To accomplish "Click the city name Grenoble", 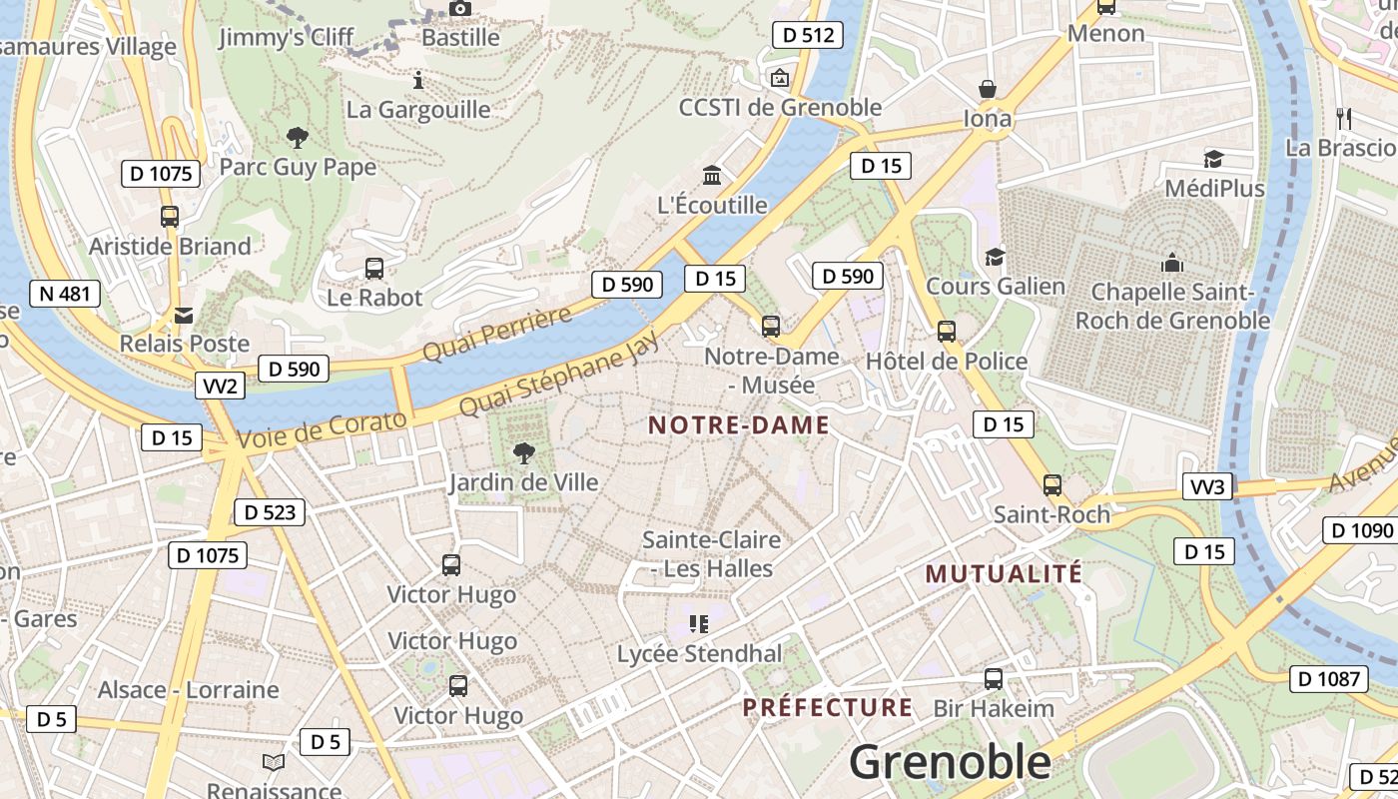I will pyautogui.click(x=950, y=763).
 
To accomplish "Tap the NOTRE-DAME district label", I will pyautogui.click(x=739, y=425).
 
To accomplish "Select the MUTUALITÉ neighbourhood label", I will pyautogui.click(x=1004, y=573).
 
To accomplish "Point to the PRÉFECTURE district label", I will pyautogui.click(x=827, y=708).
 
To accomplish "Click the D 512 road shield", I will pyautogui.click(x=808, y=35).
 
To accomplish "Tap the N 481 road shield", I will pyautogui.click(x=65, y=294).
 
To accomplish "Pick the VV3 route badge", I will pyautogui.click(x=1208, y=487).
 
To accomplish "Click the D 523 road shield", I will pyautogui.click(x=269, y=512).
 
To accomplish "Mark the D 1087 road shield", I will pyautogui.click(x=1328, y=679).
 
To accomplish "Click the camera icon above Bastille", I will pyautogui.click(x=459, y=9).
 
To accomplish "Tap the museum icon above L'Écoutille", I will pyautogui.click(x=712, y=176).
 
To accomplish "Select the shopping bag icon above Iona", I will pyautogui.click(x=988, y=90).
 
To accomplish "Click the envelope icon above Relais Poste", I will pyautogui.click(x=184, y=316).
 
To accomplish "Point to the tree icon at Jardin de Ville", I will pyautogui.click(x=523, y=454).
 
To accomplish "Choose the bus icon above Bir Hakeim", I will pyautogui.click(x=993, y=679).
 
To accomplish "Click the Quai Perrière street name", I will pyautogui.click(x=496, y=335).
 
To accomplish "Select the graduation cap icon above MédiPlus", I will pyautogui.click(x=1213, y=159).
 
